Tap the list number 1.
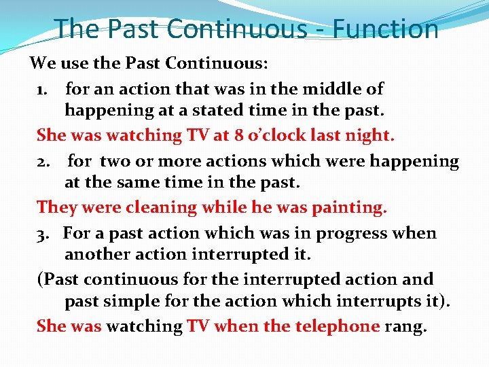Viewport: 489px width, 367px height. point(43,89)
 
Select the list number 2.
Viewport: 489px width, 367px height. point(43,162)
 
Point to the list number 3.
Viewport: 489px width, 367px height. point(43,234)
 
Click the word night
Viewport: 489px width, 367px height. point(367,135)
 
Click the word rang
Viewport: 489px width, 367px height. point(406,326)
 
